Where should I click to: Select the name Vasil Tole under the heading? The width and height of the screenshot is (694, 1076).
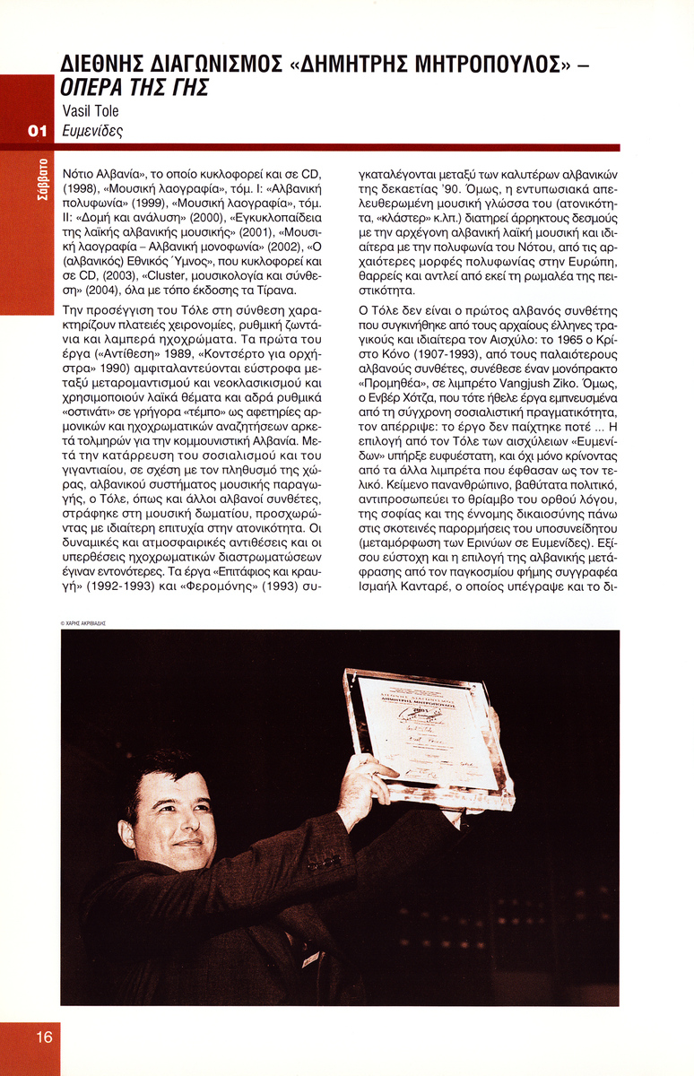[x=91, y=111]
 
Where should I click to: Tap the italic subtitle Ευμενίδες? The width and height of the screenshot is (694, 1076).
[x=92, y=131]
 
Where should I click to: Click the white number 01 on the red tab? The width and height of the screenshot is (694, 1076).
[x=37, y=131]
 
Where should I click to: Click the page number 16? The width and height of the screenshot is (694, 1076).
[x=44, y=1037]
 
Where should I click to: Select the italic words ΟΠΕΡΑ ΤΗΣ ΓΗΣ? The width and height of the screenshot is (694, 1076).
[x=135, y=89]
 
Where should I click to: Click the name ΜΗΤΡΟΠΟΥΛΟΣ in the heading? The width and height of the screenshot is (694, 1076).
[x=486, y=65]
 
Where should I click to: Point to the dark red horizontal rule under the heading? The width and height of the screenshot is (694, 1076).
[x=340, y=147]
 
